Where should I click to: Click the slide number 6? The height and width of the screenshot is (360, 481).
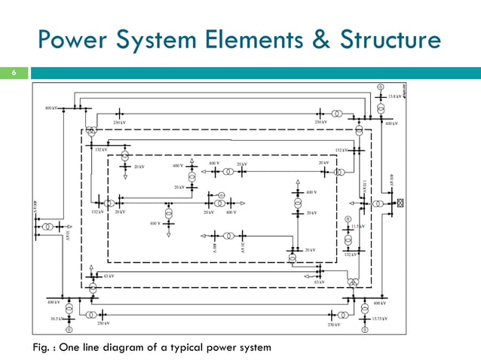[13, 74]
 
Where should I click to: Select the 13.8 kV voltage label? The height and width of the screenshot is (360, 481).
[394, 96]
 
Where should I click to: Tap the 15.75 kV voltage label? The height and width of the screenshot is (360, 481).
[381, 319]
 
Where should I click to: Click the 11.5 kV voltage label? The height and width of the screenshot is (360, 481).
[358, 225]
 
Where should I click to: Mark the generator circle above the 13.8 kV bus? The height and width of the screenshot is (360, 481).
[381, 87]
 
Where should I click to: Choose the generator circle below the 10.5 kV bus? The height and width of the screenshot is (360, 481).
[69, 328]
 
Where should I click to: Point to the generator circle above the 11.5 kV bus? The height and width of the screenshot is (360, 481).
[348, 218]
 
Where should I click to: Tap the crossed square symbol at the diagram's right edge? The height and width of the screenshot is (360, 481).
[400, 203]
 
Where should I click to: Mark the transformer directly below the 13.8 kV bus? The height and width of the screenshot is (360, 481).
[381, 107]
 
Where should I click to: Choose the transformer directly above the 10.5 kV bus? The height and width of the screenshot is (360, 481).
[69, 308]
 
